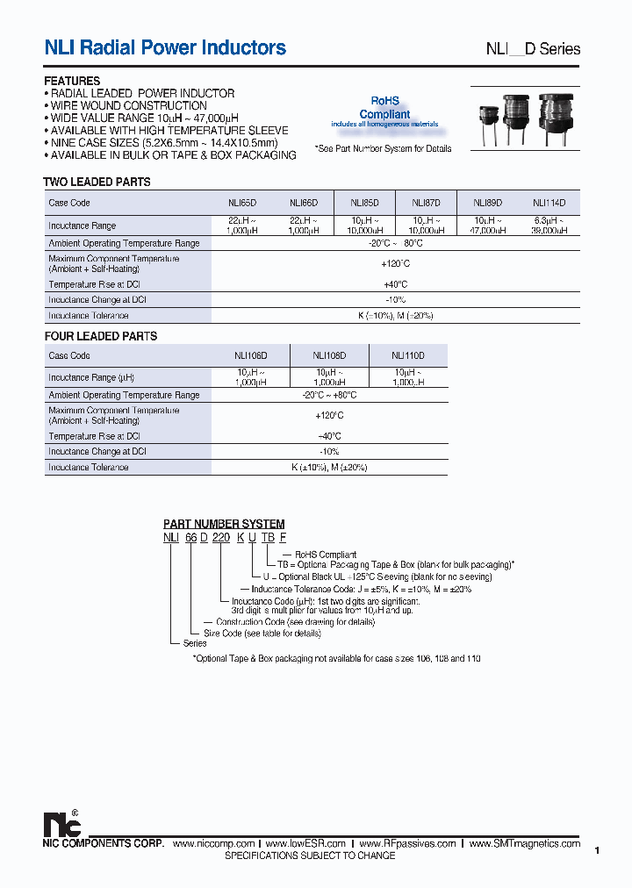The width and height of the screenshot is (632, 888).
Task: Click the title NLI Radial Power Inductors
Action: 165,47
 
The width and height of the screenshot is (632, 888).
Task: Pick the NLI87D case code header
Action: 427,203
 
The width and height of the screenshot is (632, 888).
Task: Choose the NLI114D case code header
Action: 549,203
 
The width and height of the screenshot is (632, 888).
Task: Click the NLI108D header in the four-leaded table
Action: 329,355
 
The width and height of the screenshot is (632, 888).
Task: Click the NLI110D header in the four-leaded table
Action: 408,355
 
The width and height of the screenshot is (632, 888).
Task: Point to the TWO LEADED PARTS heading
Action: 97,183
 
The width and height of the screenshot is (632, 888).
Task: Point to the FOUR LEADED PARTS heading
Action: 100,336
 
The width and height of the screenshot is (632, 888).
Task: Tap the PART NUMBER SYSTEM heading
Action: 224,524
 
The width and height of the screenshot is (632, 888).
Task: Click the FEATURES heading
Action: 72,82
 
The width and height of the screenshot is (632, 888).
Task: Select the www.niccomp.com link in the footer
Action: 214,843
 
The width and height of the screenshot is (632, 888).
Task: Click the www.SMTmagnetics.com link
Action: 525,843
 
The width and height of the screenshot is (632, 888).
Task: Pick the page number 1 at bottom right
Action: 597,850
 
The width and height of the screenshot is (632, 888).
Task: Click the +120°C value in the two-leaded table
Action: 396,263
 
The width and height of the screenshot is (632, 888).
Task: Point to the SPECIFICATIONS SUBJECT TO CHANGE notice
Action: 310,856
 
